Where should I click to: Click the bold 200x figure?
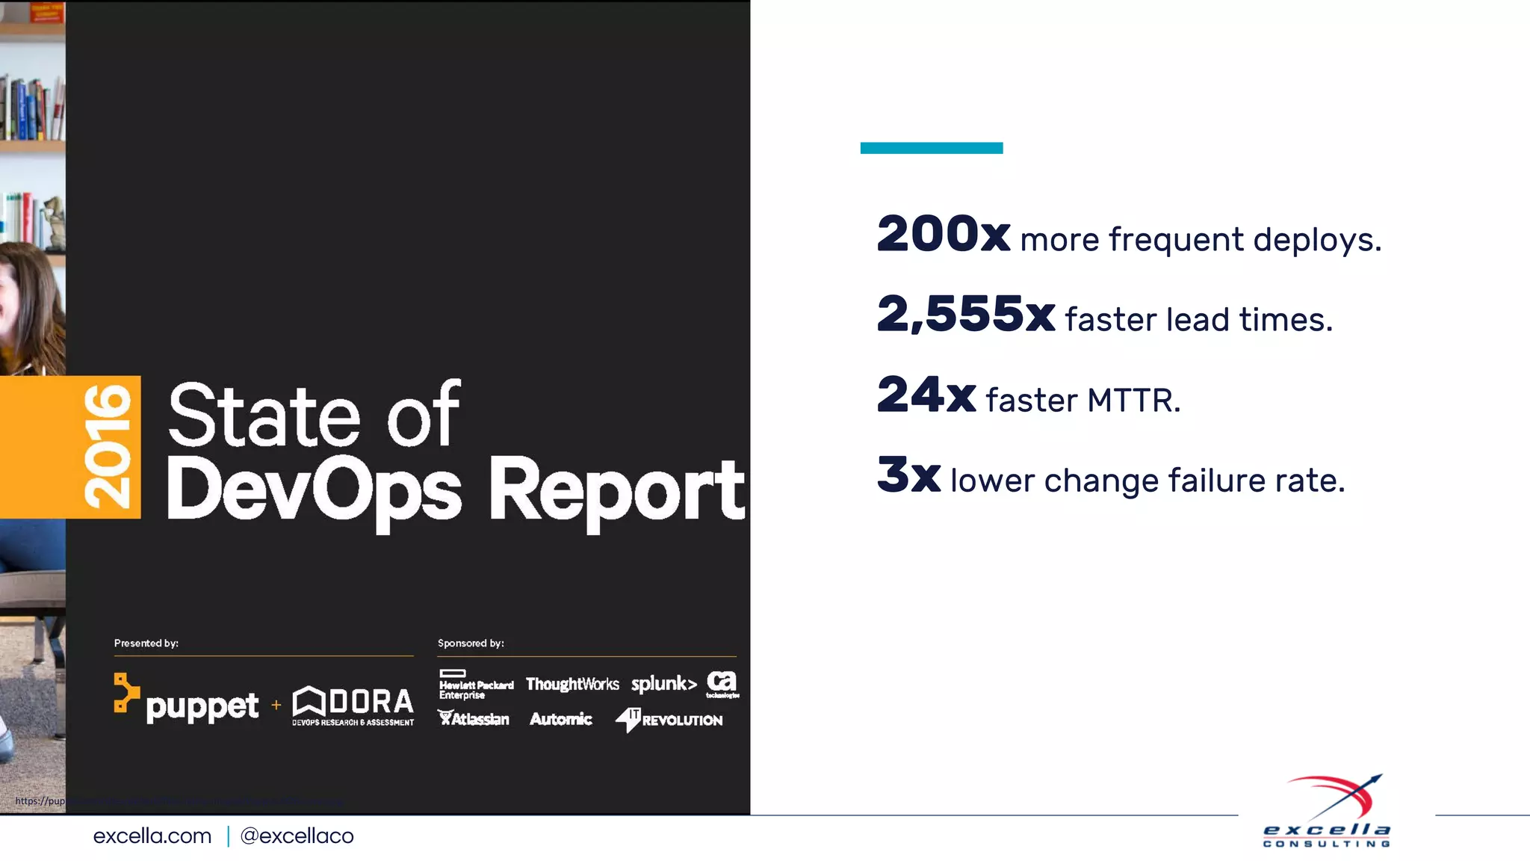tap(944, 234)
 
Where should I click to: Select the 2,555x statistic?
tap(965, 314)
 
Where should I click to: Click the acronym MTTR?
tap(1133, 401)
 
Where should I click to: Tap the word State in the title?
tap(264, 416)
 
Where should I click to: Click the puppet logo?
tap(187, 700)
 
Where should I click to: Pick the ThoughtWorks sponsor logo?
tap(572, 684)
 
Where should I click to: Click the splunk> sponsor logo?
tap(663, 684)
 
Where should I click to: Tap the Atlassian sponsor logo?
tap(474, 719)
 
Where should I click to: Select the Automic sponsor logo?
tap(560, 719)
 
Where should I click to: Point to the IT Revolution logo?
tap(669, 720)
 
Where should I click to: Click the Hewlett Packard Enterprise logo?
tap(476, 685)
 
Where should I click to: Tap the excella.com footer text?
tap(152, 836)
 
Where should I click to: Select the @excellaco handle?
tap(297, 836)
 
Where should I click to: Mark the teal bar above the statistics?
tap(931, 148)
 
